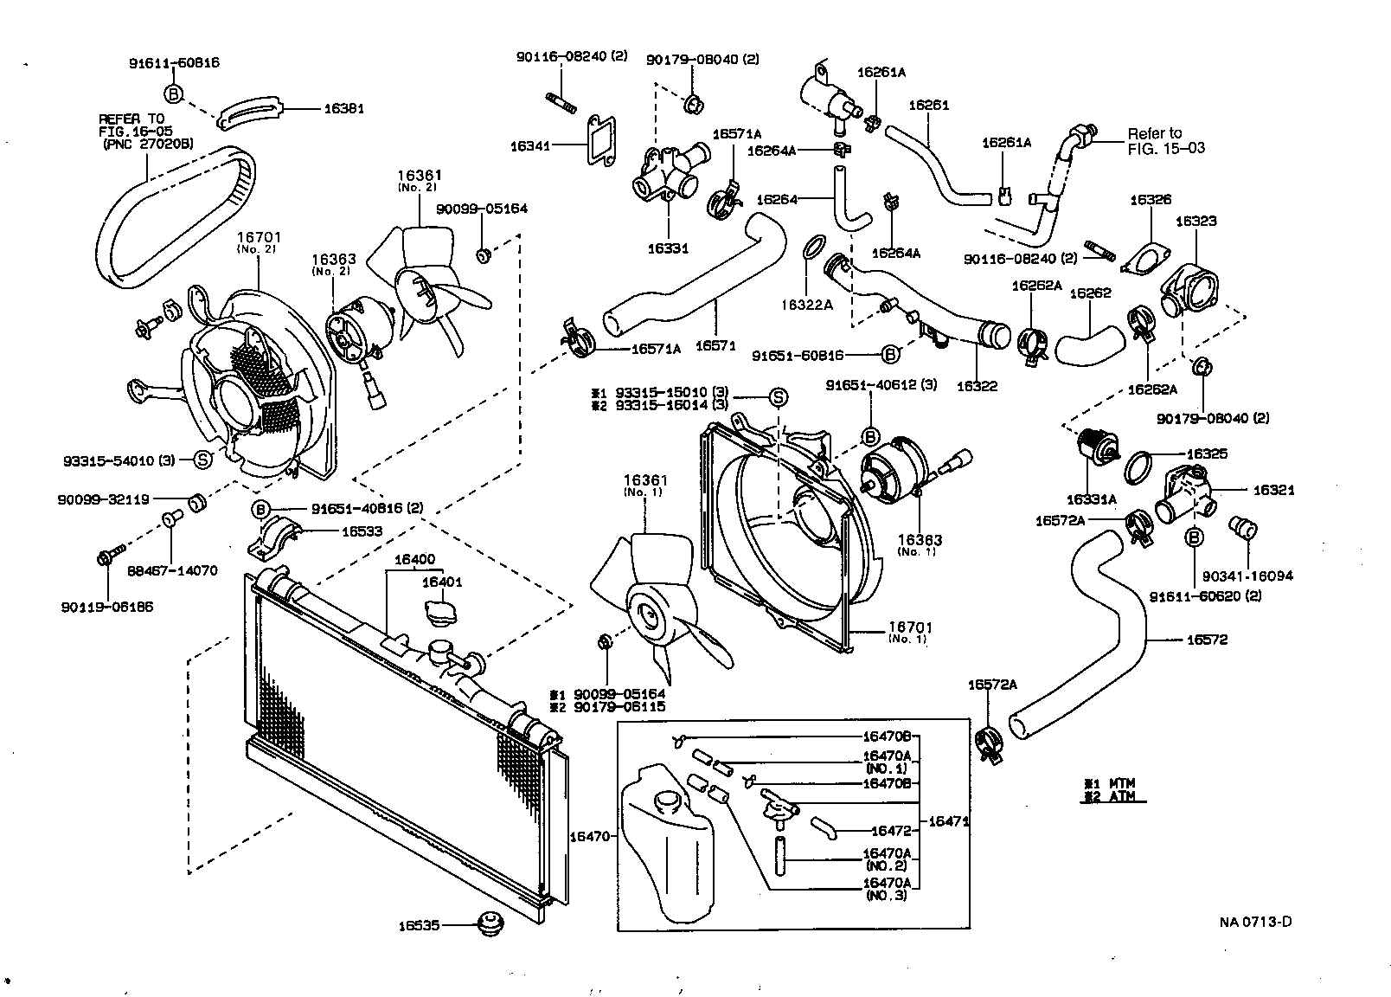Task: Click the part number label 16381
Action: click(343, 109)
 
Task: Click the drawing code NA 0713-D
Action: click(1255, 921)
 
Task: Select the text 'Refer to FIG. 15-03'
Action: click(1165, 140)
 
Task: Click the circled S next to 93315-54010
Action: click(202, 460)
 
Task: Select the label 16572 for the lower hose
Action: click(1207, 640)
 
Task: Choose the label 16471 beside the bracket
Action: click(947, 821)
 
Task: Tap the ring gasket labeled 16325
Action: click(1139, 467)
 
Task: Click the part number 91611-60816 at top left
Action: click(174, 62)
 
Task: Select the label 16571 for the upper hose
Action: click(715, 345)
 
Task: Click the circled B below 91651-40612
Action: click(870, 437)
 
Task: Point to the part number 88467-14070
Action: click(172, 571)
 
